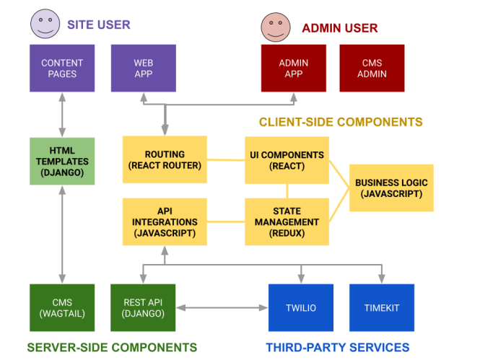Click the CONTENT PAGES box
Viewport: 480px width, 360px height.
[x=62, y=69]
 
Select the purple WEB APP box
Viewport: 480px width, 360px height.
[x=143, y=69]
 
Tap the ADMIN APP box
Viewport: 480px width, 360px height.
[x=294, y=69]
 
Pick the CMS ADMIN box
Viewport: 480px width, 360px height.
[x=372, y=69]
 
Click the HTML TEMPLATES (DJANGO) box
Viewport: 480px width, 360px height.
[x=62, y=162]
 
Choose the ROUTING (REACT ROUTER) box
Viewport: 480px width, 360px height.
[x=165, y=159]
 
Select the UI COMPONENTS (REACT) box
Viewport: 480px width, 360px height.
[x=287, y=159]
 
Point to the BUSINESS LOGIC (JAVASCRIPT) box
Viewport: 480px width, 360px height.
[x=391, y=188]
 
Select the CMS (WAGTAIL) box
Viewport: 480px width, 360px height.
[x=62, y=307]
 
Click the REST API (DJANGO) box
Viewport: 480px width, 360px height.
[x=143, y=307]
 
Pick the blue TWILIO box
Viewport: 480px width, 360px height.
[x=301, y=307]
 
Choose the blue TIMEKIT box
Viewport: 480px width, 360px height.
[x=382, y=307]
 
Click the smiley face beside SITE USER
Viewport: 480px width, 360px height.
[x=45, y=23]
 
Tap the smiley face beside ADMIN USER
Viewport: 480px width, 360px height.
[x=276, y=27]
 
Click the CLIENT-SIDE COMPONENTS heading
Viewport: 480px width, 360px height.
[x=341, y=122]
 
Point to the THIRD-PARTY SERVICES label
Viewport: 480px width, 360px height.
[x=338, y=347]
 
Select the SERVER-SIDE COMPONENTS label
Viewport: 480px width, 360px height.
[x=112, y=347]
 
